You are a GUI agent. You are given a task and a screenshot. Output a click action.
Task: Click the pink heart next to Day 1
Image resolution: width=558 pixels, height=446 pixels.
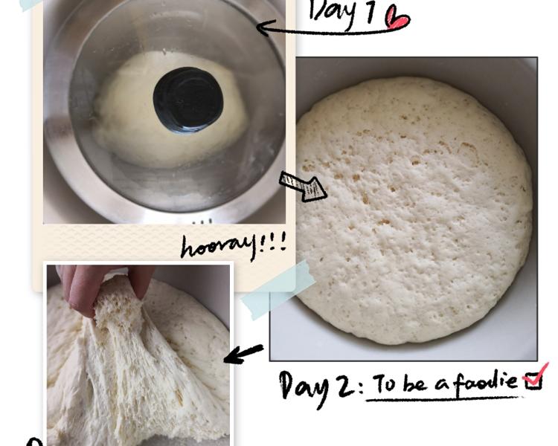tap(397, 19)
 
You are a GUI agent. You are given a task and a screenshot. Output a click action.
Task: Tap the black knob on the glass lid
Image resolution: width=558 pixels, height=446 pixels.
tap(188, 100)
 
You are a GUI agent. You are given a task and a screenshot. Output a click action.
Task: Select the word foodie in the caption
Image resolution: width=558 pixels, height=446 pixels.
tap(485, 383)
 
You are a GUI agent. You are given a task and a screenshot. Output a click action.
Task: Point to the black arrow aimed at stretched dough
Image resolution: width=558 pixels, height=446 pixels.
tap(244, 355)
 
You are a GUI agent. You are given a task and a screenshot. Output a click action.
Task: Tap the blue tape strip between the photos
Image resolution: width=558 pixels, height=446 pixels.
tap(278, 290)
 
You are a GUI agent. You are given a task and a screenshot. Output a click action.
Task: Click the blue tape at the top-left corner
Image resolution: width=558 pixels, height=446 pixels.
tap(31, 4)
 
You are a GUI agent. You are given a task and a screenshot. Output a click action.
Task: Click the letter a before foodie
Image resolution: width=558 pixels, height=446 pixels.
tap(443, 385)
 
